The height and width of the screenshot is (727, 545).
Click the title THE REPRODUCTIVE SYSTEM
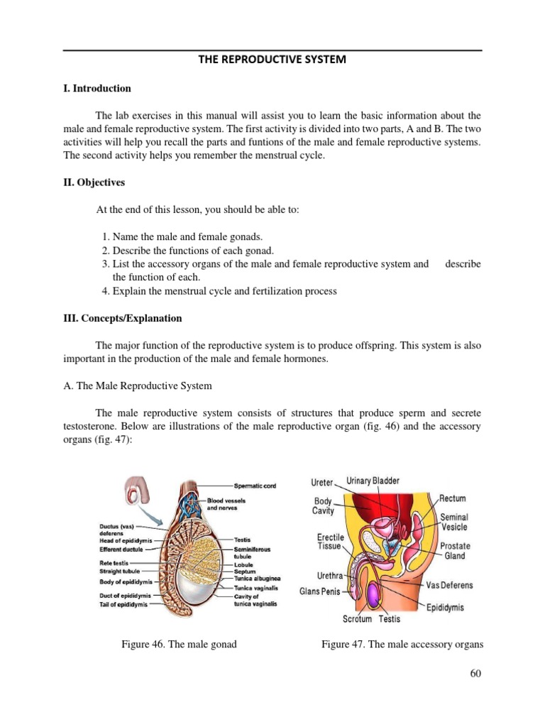click(x=272, y=60)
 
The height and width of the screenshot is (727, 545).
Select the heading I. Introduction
click(x=97, y=89)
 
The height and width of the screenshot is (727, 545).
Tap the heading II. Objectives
click(x=94, y=182)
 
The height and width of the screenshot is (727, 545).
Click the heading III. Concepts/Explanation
click(x=123, y=318)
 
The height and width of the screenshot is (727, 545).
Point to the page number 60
click(x=475, y=673)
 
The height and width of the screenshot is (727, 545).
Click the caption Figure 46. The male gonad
click(x=179, y=644)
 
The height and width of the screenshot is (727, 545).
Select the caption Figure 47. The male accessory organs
click(x=402, y=644)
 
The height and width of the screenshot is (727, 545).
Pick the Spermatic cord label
click(x=255, y=486)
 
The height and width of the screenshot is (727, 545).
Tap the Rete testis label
click(x=114, y=562)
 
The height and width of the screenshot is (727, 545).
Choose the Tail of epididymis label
click(x=123, y=604)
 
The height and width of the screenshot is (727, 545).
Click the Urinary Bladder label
click(x=373, y=481)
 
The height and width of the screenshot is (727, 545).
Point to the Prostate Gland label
click(x=455, y=551)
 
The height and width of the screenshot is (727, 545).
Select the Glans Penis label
click(x=320, y=591)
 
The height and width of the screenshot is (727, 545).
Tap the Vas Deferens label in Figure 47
click(x=450, y=586)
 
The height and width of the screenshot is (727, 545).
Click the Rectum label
click(x=453, y=499)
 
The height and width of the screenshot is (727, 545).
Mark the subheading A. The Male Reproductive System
click(x=138, y=386)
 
